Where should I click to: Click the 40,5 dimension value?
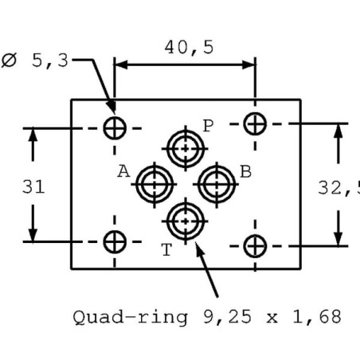click(189, 48)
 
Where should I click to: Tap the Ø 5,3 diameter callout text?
click(35, 61)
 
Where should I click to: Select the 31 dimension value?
click(33, 186)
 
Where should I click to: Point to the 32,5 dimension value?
click(339, 188)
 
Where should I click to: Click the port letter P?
click(208, 126)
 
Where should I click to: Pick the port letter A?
click(123, 171)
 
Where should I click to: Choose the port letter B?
click(245, 171)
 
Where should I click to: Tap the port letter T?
click(166, 250)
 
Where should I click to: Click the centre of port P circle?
click(186, 149)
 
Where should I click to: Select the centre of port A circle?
click(155, 184)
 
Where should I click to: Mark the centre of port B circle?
click(217, 184)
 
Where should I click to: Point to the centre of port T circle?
click(186, 221)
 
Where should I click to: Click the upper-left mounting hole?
click(115, 128)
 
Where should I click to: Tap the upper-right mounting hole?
click(255, 123)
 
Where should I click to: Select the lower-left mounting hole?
click(115, 242)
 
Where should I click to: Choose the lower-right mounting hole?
click(255, 246)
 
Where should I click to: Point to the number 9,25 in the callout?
click(227, 317)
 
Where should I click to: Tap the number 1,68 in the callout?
click(317, 317)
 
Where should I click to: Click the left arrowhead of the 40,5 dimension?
click(121, 65)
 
